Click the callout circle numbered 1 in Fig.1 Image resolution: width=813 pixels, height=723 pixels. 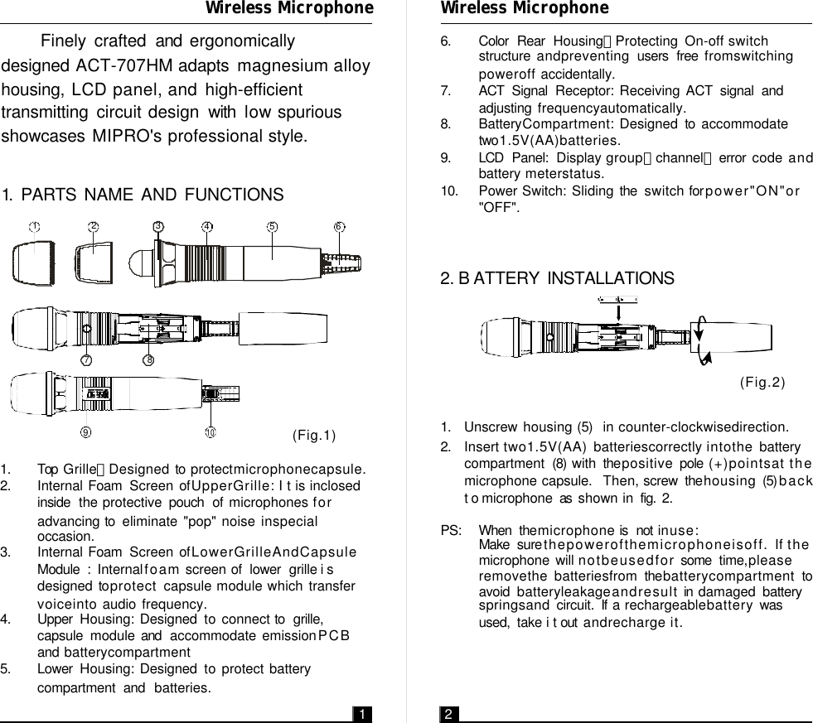pyautogui.click(x=36, y=226)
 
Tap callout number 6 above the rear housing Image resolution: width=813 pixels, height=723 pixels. pyautogui.click(x=340, y=226)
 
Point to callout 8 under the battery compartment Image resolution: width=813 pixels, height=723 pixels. pyautogui.click(x=149, y=359)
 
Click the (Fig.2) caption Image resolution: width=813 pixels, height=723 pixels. pyautogui.click(x=761, y=382)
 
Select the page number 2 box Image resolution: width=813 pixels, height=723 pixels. pyautogui.click(x=448, y=714)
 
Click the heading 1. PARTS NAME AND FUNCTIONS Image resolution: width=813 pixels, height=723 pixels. pyautogui.click(x=143, y=195)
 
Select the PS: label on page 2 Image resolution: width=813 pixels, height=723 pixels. pyautogui.click(x=452, y=530)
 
